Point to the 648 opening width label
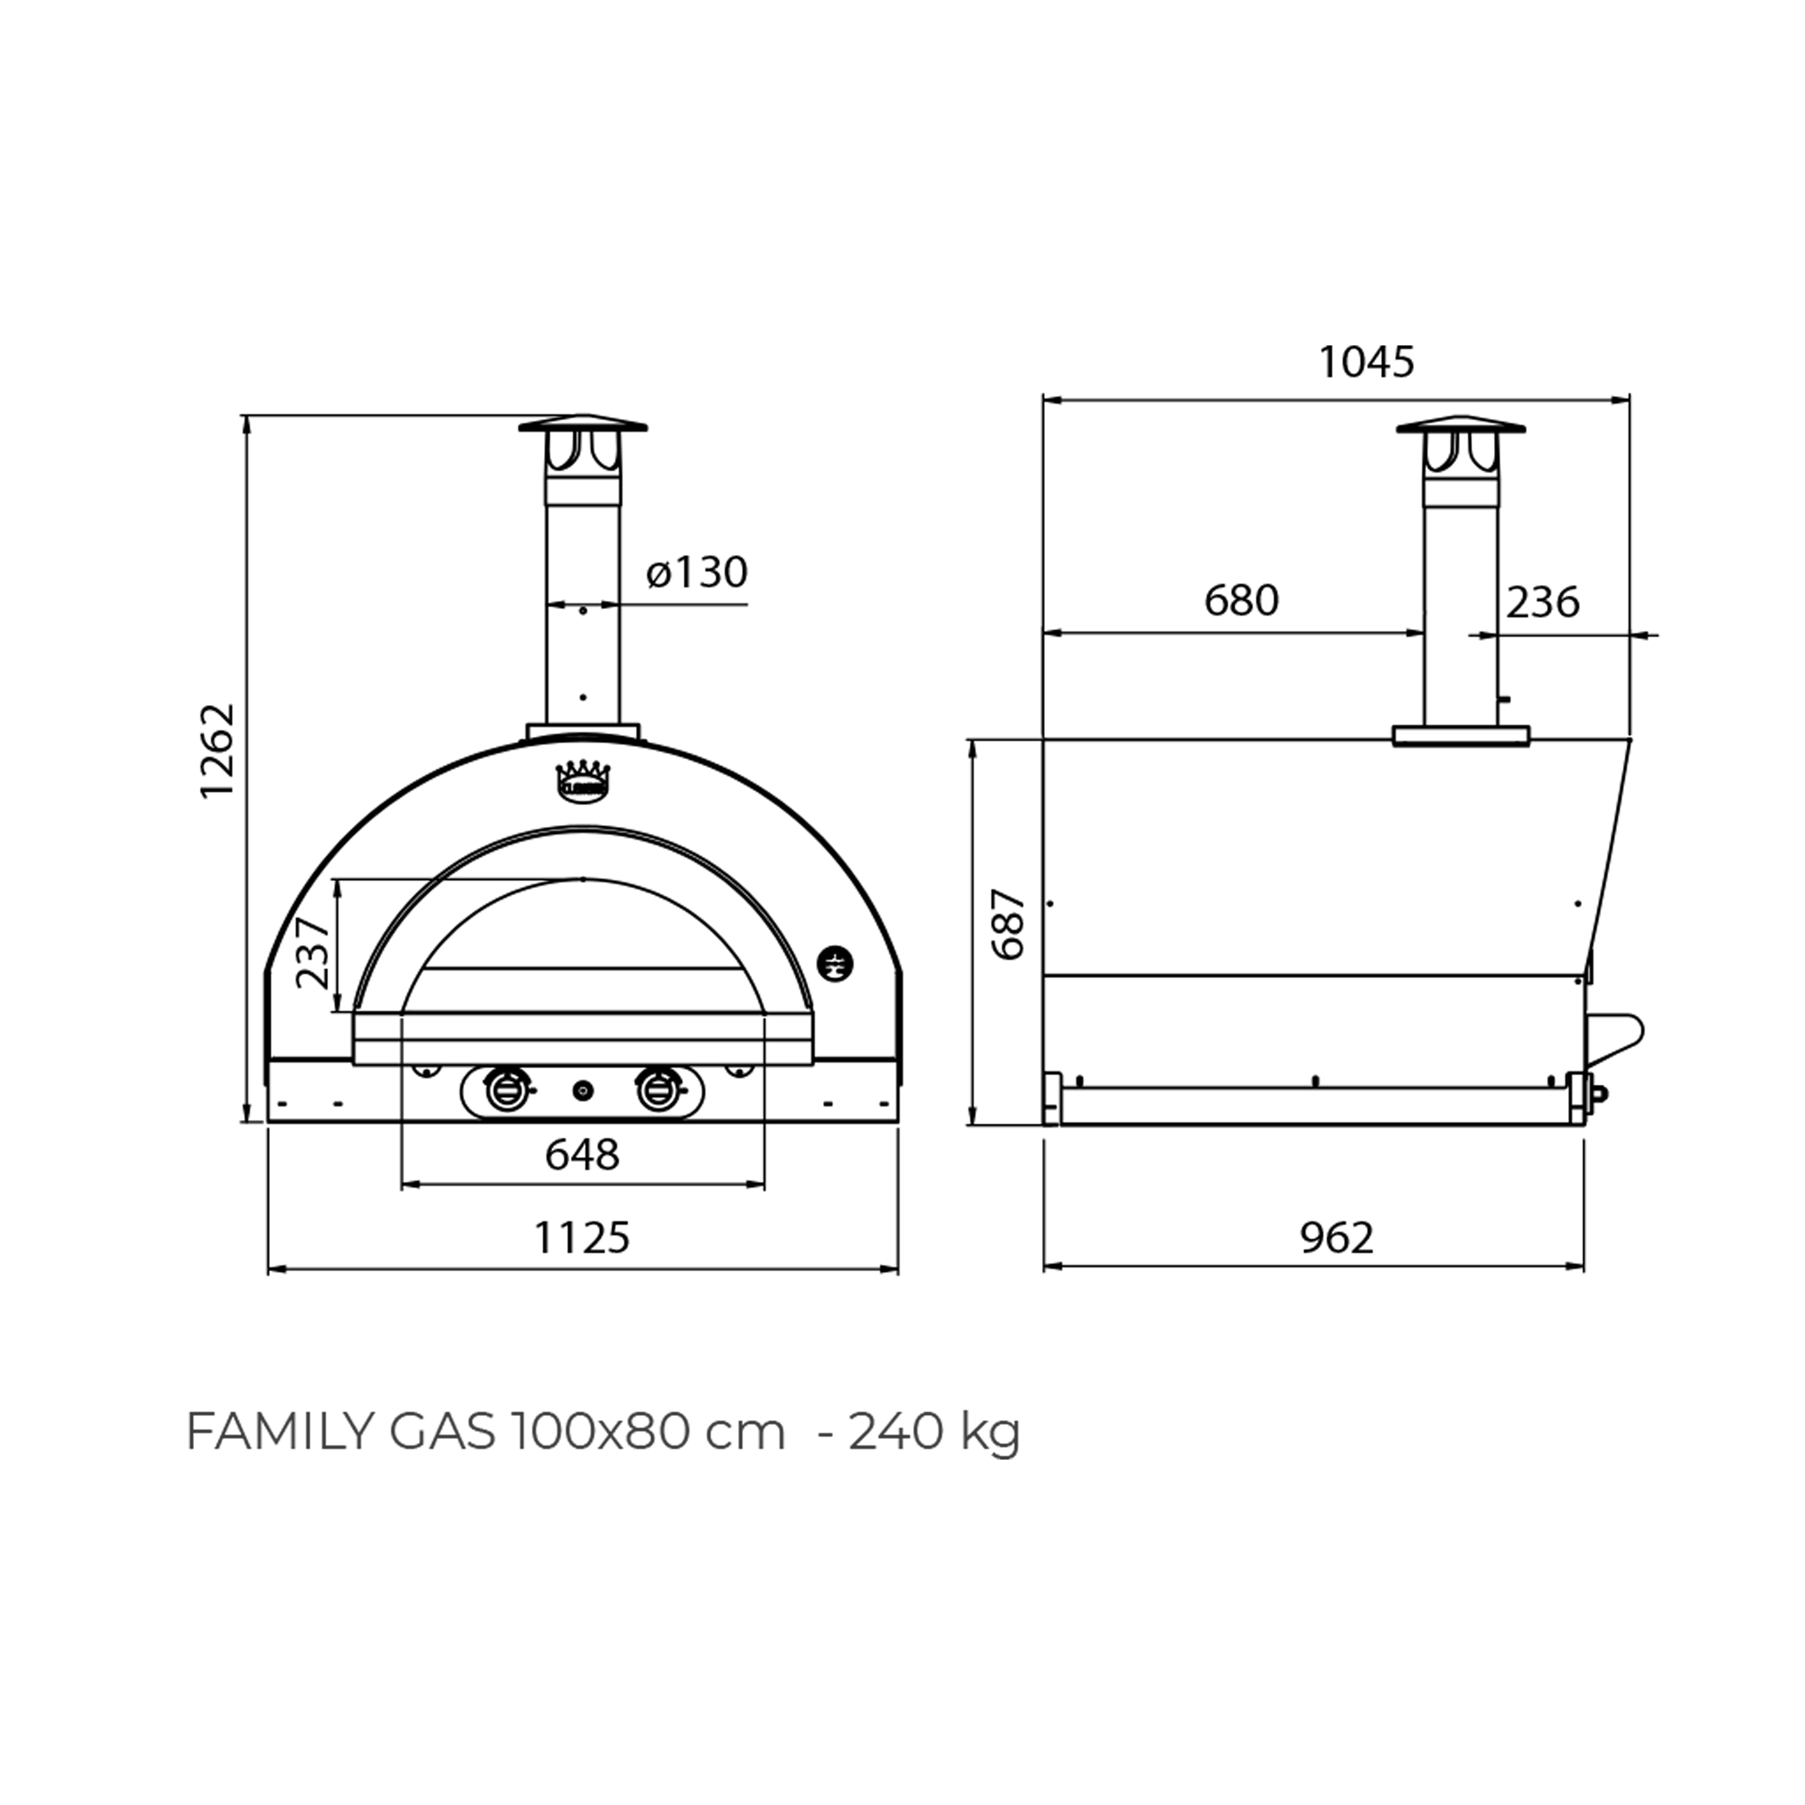point(582,1155)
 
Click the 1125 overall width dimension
point(582,1238)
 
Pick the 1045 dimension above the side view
point(1366,363)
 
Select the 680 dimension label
point(1241,601)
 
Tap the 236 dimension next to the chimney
point(1543,603)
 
